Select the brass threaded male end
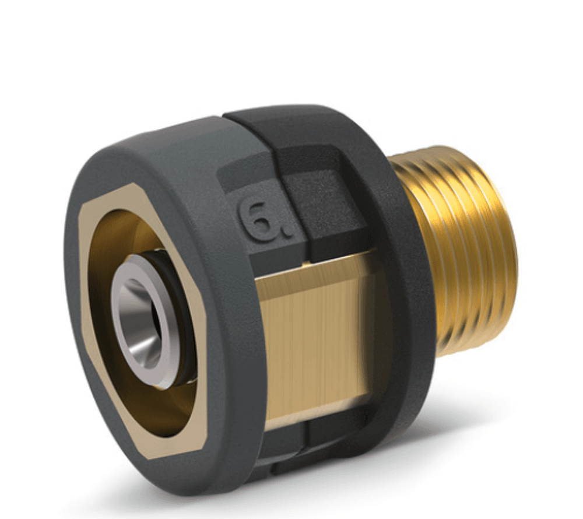(x=461, y=251)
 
